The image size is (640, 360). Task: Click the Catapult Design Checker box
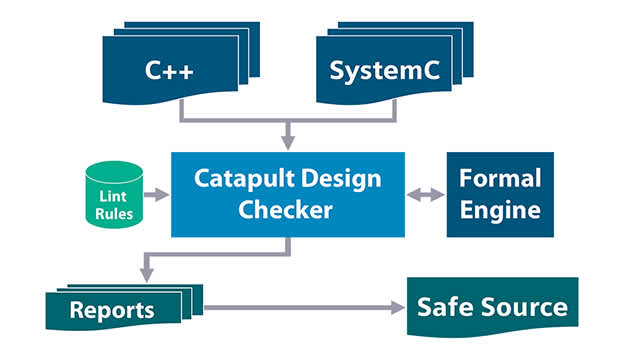coord(288,195)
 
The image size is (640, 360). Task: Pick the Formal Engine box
coord(499,195)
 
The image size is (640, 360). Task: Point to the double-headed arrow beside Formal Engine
coord(425,196)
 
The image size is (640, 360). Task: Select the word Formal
coord(499,179)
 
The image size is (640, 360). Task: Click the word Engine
coord(499,211)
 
